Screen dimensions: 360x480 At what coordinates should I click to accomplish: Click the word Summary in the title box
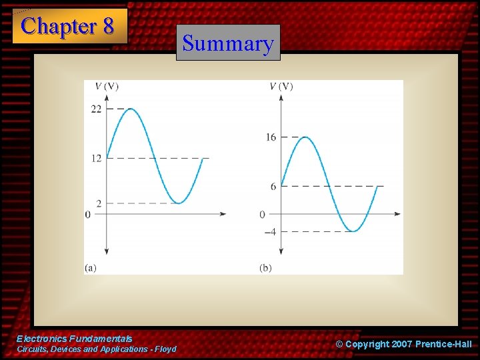[x=228, y=43]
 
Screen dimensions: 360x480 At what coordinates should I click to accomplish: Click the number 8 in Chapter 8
[x=107, y=26]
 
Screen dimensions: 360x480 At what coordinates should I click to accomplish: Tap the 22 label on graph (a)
[x=96, y=109]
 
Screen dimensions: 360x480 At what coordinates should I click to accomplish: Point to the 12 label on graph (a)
[x=96, y=158]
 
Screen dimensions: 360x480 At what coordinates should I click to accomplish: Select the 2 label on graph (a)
[x=99, y=203]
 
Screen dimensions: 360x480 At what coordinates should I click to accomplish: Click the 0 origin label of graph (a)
[x=87, y=215]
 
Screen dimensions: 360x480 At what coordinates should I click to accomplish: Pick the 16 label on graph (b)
[x=270, y=137]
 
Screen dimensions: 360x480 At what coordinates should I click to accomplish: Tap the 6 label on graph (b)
[x=273, y=187]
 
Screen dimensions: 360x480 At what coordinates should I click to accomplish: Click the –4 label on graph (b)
[x=269, y=232]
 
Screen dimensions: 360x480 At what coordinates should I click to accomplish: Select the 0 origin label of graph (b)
[x=262, y=215]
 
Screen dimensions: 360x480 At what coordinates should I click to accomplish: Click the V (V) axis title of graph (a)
[x=107, y=86]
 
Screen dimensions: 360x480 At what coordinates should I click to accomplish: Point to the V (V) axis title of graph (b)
[x=281, y=86]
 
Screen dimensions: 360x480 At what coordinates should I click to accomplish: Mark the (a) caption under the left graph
[x=91, y=267]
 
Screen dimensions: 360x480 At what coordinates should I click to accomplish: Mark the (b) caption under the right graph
[x=265, y=267]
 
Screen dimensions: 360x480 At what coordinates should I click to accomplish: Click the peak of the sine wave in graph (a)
[x=131, y=109]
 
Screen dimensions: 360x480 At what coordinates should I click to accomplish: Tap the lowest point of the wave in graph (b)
[x=353, y=231]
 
